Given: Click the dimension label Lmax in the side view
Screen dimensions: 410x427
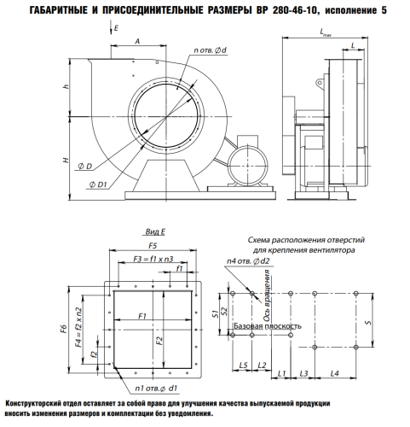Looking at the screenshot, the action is pyautogui.click(x=326, y=32).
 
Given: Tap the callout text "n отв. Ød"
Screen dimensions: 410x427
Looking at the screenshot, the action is pyautogui.click(x=210, y=50).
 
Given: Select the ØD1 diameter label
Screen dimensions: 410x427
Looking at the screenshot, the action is pyautogui.click(x=98, y=184).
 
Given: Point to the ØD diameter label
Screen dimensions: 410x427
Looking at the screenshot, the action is pyautogui.click(x=85, y=167).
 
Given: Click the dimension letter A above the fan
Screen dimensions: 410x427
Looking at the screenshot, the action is pyautogui.click(x=137, y=42).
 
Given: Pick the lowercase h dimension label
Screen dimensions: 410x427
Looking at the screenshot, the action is pyautogui.click(x=66, y=86).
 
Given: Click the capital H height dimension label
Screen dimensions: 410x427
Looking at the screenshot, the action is pyautogui.click(x=66, y=161).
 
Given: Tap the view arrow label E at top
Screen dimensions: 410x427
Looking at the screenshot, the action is pyautogui.click(x=116, y=28).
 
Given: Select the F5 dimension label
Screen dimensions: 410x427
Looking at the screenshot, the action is pyautogui.click(x=153, y=245).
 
